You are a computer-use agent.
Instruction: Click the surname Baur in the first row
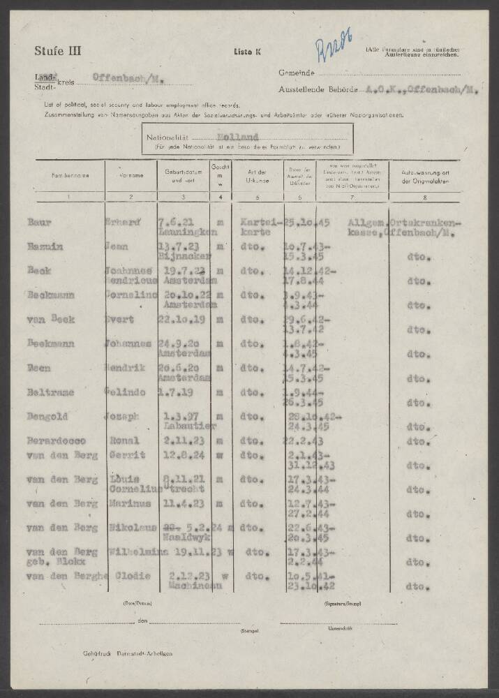pyautogui.click(x=38, y=222)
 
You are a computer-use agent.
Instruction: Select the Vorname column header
pyautogui.click(x=130, y=177)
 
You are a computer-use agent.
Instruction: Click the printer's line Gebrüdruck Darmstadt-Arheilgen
pyautogui.click(x=126, y=653)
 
